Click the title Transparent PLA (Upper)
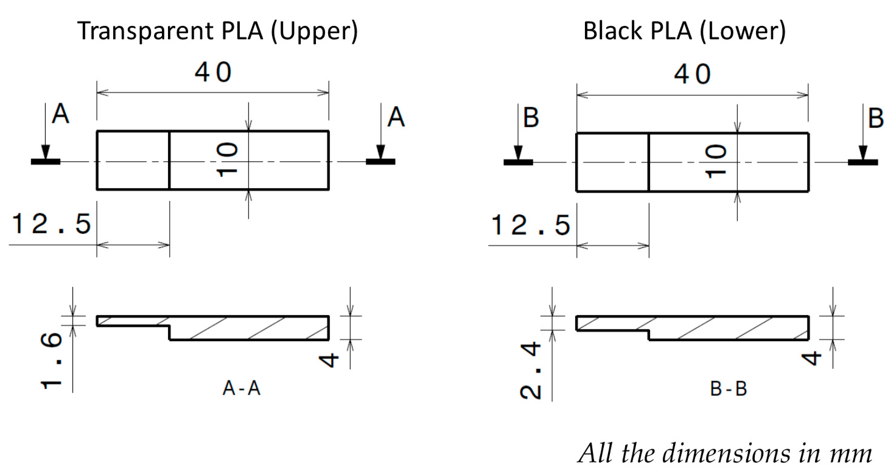pyautogui.click(x=218, y=31)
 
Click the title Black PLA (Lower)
pyautogui.click(x=684, y=31)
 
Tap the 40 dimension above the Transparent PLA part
pyautogui.click(x=213, y=72)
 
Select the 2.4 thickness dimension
pyautogui.click(x=530, y=370)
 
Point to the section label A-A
pyautogui.click(x=241, y=388)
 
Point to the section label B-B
pyautogui.click(x=729, y=389)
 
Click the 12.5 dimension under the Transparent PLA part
pyautogui.click(x=51, y=224)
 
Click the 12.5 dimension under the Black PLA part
pyautogui.click(x=531, y=225)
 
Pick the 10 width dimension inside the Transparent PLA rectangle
pyautogui.click(x=227, y=160)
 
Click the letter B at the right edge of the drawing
pyautogui.click(x=876, y=118)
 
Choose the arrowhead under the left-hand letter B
pyautogui.click(x=518, y=153)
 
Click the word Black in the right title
pyautogui.click(x=613, y=31)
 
